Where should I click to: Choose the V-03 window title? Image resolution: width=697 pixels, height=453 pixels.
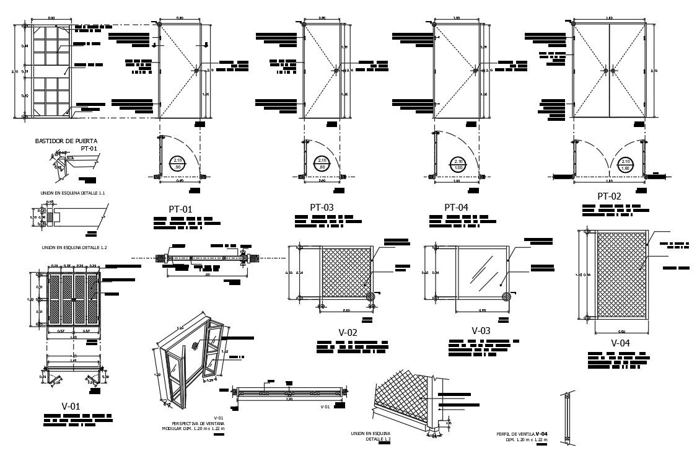(481, 331)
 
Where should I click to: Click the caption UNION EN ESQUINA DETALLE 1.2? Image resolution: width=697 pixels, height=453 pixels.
(74, 247)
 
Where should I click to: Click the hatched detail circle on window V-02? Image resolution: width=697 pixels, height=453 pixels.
(371, 296)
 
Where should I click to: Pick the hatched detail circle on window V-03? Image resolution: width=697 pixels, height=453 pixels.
(506, 296)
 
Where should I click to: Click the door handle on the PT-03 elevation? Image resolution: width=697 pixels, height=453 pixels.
(336, 71)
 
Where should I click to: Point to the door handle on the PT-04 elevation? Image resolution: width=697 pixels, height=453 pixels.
(476, 71)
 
